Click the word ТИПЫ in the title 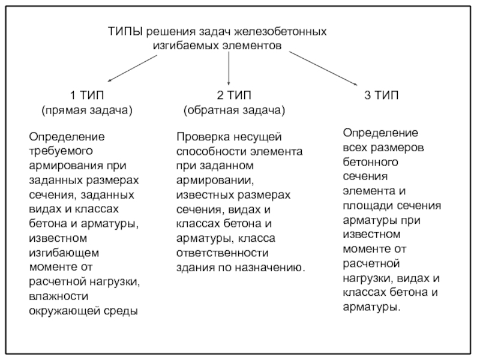pyautogui.click(x=125, y=32)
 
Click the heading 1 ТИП pyautogui.click(x=87, y=95)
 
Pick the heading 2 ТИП pyautogui.click(x=234, y=95)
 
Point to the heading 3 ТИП pyautogui.click(x=381, y=95)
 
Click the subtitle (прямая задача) pyautogui.click(x=87, y=110)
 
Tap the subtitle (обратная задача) pyautogui.click(x=234, y=110)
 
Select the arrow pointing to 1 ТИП pyautogui.click(x=133, y=68)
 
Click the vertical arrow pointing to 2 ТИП pyautogui.click(x=229, y=68)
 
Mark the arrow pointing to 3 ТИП pyautogui.click(x=323, y=68)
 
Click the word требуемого pyautogui.click(x=61, y=151)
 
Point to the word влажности pyautogui.click(x=58, y=296)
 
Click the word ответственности pyautogui.click(x=222, y=253)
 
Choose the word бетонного pyautogui.click(x=370, y=162)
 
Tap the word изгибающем pyautogui.click(x=64, y=253)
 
